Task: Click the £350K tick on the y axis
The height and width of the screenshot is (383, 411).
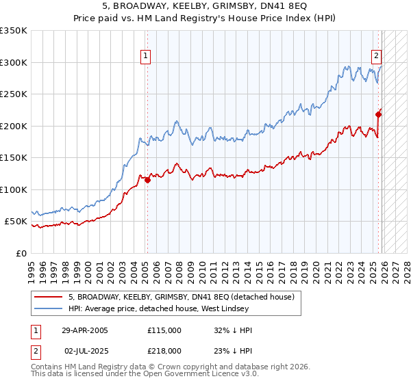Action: (14, 31)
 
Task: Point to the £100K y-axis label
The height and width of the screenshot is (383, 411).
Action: (14, 189)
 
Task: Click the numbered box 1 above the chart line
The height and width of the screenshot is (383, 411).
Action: (147, 57)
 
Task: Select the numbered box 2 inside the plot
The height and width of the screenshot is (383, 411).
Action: (376, 57)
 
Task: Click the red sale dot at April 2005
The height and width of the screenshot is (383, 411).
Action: (147, 180)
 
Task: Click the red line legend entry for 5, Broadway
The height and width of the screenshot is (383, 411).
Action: (182, 297)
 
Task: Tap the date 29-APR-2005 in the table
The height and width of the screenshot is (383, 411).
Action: (85, 330)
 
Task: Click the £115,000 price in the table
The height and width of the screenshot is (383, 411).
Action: (164, 330)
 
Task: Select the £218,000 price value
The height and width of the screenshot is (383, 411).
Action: (164, 349)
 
